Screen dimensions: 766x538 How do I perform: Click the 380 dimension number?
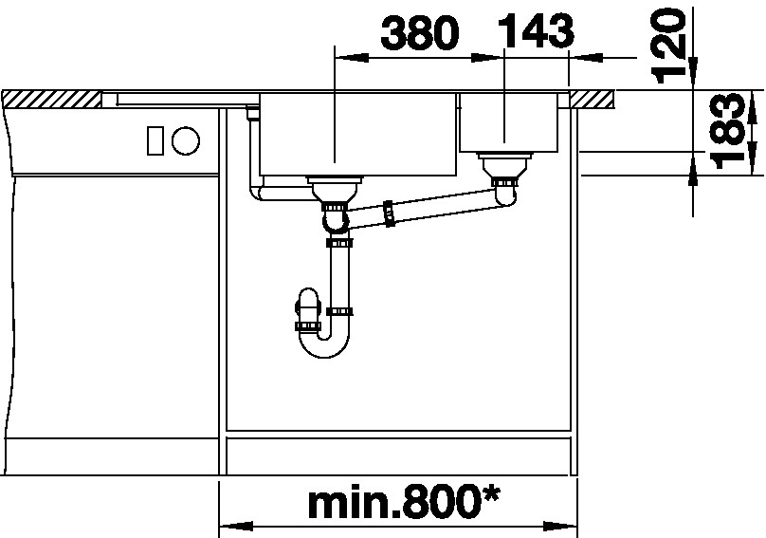pyautogui.click(x=420, y=33)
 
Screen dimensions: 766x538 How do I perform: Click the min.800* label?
pyautogui.click(x=405, y=503)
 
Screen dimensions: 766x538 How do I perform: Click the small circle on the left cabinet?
pyautogui.click(x=186, y=141)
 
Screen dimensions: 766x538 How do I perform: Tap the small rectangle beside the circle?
pyautogui.click(x=155, y=140)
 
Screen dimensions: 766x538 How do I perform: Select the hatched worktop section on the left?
pyautogui.click(x=52, y=100)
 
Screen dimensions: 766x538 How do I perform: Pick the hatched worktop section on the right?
pyautogui.click(x=592, y=100)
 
